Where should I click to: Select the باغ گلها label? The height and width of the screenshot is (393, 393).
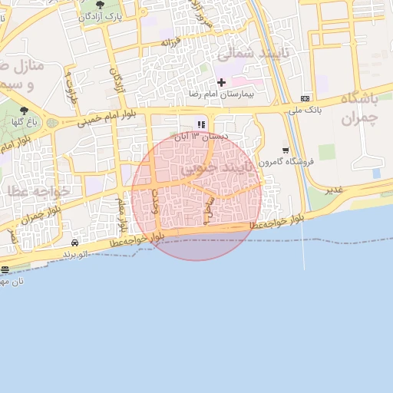[24, 122]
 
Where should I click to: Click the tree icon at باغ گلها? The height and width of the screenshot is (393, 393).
[24, 111]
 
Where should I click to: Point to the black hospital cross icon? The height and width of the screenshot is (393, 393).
[222, 81]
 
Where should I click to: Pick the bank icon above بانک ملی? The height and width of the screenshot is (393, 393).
[305, 99]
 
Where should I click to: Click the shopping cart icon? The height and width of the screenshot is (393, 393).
[286, 150]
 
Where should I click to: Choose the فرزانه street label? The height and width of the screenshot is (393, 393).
[169, 41]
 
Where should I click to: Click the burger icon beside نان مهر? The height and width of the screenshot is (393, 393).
[5, 269]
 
